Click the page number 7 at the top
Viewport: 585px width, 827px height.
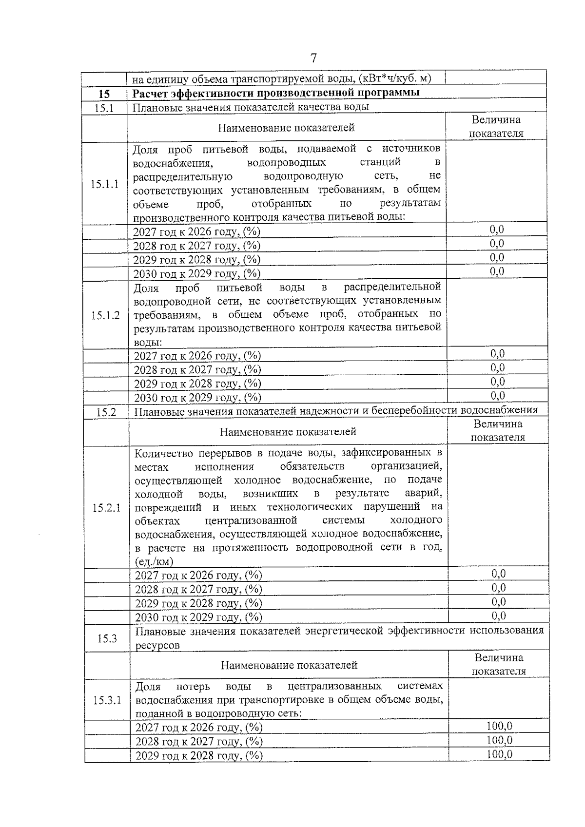pyautogui.click(x=313, y=58)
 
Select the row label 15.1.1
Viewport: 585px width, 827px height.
pyautogui.click(x=104, y=184)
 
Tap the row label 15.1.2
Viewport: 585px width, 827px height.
pyautogui.click(x=105, y=315)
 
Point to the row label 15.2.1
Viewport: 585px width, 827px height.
pyautogui.click(x=106, y=508)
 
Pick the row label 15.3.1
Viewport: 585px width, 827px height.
pyautogui.click(x=107, y=700)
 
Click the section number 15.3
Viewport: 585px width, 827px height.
pyautogui.click(x=106, y=638)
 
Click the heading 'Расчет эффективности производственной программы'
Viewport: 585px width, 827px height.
pyautogui.click(x=276, y=93)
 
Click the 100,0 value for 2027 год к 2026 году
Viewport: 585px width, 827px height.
pyautogui.click(x=499, y=726)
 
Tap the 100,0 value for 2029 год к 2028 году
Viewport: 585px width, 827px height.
pyautogui.click(x=499, y=754)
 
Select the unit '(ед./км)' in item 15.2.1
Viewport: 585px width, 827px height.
pyautogui.click(x=154, y=561)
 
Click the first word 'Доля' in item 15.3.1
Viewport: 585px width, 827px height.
pyautogui.click(x=148, y=687)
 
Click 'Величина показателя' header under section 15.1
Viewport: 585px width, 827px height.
pyautogui.click(x=496, y=127)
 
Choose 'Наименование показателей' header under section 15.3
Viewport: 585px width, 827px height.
pyautogui.click(x=289, y=665)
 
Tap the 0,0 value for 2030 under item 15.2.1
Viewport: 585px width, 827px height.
pyautogui.click(x=498, y=616)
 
